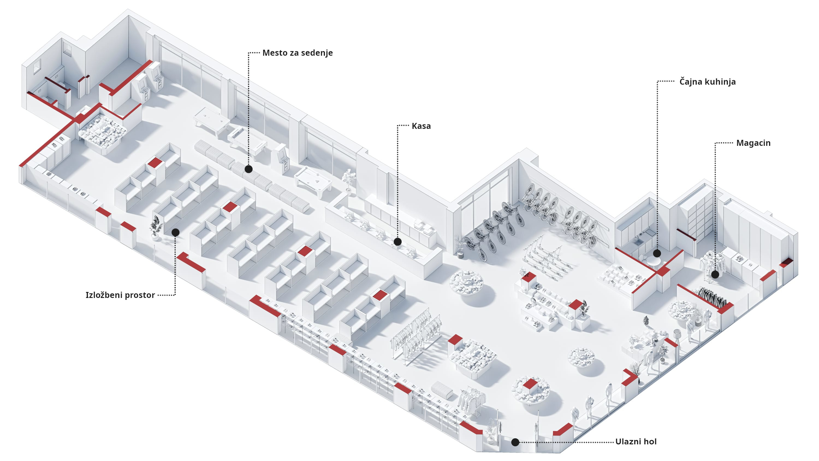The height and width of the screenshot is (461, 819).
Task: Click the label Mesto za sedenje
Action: point(297,53)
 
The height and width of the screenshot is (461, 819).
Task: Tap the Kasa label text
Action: point(421,126)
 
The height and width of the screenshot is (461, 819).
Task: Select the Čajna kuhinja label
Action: point(707,82)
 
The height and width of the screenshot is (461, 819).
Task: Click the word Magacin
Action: point(753,143)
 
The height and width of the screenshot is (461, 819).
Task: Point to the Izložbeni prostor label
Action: point(120,295)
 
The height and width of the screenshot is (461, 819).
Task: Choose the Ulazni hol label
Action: point(636,442)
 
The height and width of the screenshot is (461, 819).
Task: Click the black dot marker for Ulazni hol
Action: point(515,442)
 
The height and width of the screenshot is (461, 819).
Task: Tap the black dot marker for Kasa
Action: point(397,242)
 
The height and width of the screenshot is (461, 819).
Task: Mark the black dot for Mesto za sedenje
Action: point(249,169)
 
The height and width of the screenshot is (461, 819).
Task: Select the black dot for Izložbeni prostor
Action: point(176,233)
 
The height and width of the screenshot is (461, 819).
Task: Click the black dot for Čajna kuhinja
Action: point(657,253)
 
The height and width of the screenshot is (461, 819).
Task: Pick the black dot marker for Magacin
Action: point(715,274)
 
